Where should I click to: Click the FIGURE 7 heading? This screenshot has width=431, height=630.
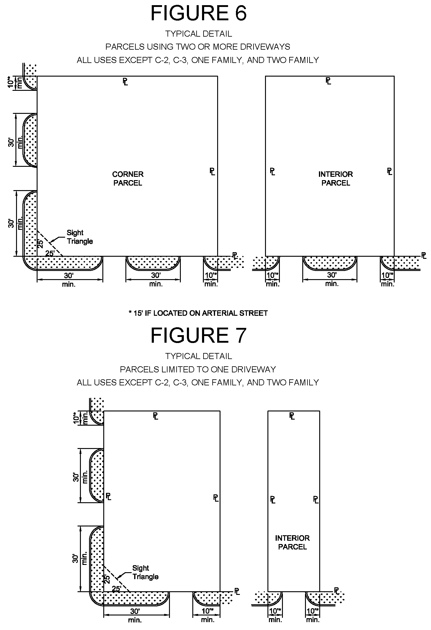198,335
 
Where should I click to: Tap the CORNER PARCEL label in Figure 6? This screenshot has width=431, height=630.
128,179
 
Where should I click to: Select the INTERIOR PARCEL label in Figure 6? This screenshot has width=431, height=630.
336,179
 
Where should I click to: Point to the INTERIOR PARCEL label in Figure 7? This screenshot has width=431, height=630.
292,542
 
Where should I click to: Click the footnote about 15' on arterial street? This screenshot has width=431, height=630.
198,313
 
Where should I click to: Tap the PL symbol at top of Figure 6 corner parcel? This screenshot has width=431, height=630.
125,81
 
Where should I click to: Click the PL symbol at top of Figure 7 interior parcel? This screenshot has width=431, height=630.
292,416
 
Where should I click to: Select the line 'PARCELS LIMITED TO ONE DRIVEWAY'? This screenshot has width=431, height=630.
198,369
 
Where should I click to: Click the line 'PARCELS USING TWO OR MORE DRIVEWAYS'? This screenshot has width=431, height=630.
198,47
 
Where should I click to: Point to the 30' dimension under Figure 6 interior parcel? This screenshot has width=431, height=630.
332,275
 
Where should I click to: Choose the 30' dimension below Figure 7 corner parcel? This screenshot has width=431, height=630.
135,611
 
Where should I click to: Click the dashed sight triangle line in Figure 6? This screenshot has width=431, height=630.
50,243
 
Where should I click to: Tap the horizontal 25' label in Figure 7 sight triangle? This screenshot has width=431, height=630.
117,589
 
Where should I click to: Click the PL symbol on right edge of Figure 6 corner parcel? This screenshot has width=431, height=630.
212,172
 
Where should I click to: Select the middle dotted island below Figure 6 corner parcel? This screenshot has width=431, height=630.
153,262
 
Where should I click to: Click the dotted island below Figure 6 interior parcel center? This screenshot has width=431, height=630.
330,262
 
